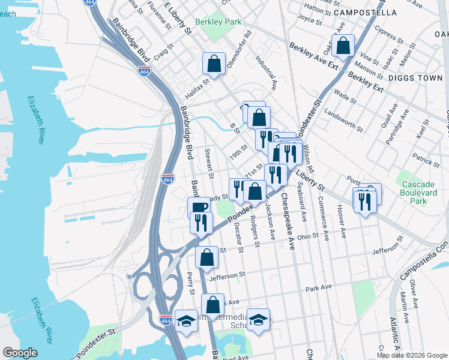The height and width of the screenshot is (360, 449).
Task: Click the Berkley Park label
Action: [218, 22]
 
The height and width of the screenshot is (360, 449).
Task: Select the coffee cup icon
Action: [199, 207]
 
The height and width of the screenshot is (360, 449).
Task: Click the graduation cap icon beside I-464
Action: [187, 320]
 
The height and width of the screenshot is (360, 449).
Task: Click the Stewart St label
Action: [209, 163]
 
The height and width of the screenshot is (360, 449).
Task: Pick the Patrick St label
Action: [426, 158]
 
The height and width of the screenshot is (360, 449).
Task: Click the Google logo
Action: [20, 353]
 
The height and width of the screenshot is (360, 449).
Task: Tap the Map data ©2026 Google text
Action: [412, 355]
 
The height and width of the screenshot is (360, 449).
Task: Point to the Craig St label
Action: [163, 53]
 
